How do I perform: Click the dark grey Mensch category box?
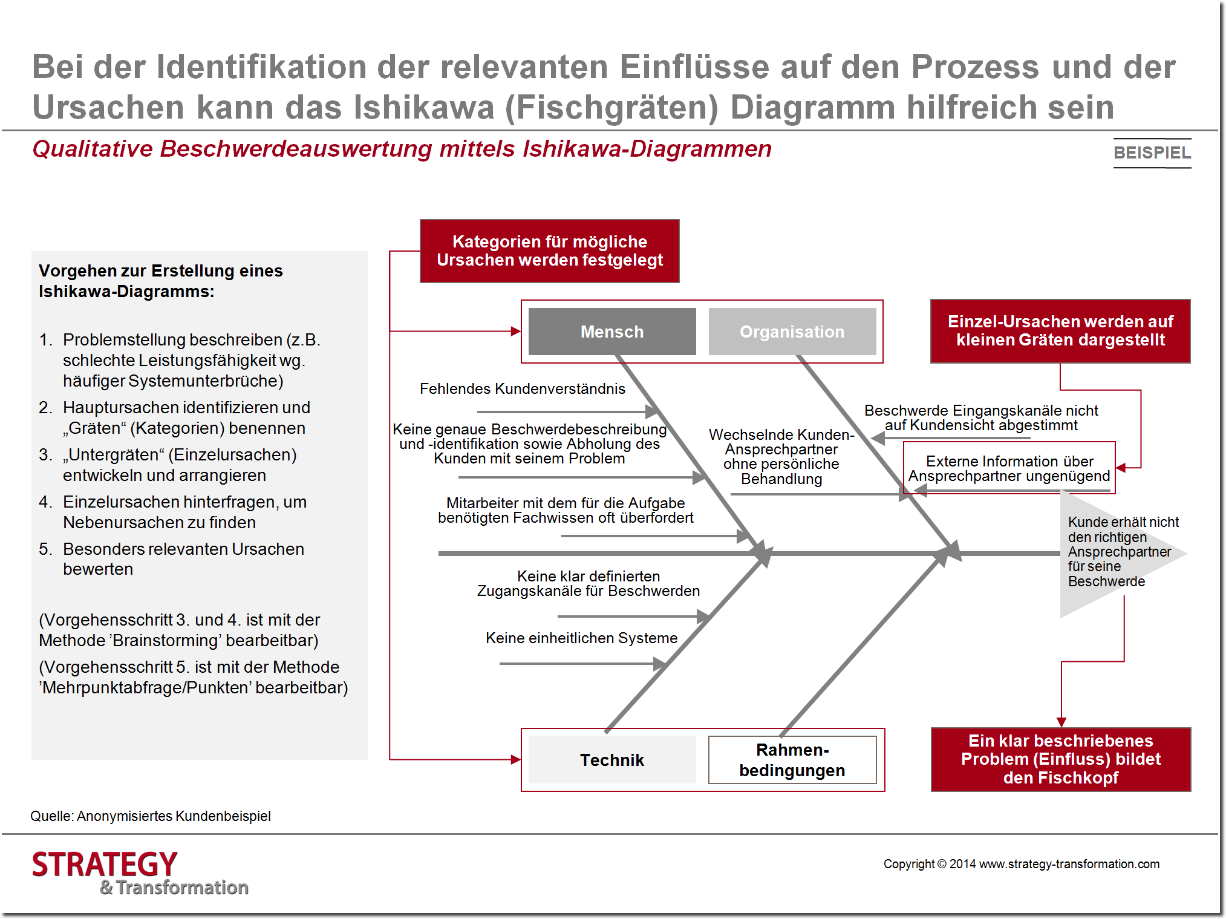click(x=611, y=332)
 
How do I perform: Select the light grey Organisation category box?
click(x=792, y=332)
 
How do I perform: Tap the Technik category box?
click(x=611, y=760)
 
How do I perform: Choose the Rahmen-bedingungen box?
click(x=792, y=760)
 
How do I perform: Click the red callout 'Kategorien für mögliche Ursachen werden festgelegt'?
click(x=549, y=251)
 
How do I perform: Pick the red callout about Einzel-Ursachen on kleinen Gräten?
click(x=1060, y=331)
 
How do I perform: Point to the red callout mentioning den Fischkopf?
click(x=1060, y=759)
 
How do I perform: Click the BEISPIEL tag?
click(x=1152, y=152)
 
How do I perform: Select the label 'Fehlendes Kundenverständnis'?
click(x=522, y=388)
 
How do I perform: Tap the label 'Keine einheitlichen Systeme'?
click(x=581, y=638)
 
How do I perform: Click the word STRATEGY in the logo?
click(x=105, y=864)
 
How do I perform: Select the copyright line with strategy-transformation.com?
click(x=1021, y=864)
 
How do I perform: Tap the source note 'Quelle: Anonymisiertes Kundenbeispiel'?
click(x=151, y=816)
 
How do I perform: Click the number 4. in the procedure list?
click(x=45, y=502)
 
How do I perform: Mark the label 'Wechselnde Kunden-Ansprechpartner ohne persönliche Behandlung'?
click(x=781, y=456)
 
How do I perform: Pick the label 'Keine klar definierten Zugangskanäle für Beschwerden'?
click(x=588, y=583)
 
